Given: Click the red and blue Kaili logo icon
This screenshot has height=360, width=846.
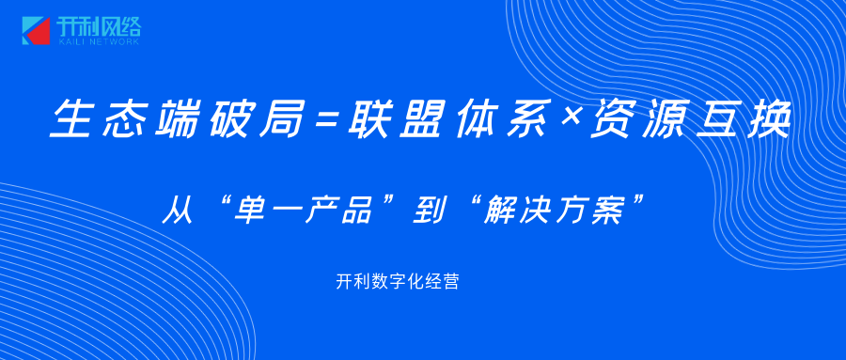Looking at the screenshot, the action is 36,31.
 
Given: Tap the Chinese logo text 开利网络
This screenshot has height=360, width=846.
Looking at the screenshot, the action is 98,26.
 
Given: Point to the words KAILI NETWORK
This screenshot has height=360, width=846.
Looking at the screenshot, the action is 98,41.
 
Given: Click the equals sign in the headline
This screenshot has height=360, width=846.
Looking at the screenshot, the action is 325,118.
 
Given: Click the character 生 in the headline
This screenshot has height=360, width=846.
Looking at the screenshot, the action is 72,118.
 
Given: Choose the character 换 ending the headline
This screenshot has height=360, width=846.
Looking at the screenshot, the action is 768,118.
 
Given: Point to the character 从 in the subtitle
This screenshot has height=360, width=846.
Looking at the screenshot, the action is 178,211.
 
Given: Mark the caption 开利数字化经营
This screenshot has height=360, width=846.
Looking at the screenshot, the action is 397,281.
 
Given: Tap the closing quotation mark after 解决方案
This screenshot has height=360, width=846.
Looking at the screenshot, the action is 637,202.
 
